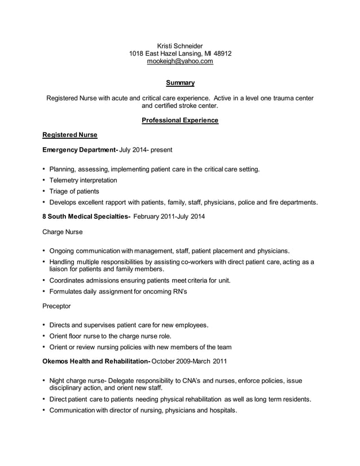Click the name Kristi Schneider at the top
(x=179, y=46)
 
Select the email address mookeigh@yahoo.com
(x=180, y=61)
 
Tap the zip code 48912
(x=221, y=54)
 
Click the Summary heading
(x=180, y=83)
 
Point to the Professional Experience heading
(x=179, y=120)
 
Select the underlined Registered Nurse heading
(x=70, y=135)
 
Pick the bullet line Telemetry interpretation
(x=83, y=181)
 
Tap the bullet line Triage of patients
(x=74, y=191)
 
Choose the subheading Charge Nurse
(x=63, y=232)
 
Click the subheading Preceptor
(x=57, y=306)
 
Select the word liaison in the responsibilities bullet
(x=61, y=270)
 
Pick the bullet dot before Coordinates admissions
(x=44, y=280)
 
